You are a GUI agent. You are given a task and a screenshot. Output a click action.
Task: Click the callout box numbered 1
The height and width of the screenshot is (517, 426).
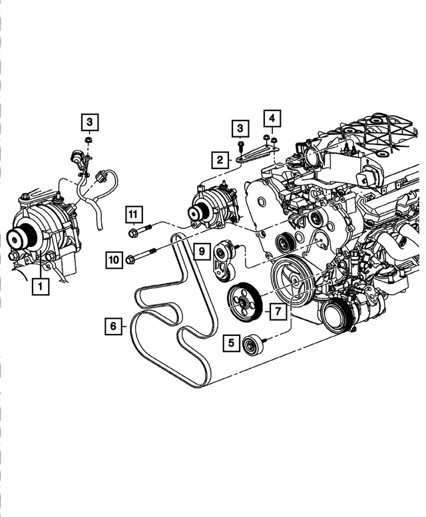41,287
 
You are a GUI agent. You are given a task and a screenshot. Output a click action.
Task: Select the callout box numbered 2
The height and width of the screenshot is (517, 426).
219,159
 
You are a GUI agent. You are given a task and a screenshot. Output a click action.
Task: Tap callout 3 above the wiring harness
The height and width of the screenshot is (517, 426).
90,122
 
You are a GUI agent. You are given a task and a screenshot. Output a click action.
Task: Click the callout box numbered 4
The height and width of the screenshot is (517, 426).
271,119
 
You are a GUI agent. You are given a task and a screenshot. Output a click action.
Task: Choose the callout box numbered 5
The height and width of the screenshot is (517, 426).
232,343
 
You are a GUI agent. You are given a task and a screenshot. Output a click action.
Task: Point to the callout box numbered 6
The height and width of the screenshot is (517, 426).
114,326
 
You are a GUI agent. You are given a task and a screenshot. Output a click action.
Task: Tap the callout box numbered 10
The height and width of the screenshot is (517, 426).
114,259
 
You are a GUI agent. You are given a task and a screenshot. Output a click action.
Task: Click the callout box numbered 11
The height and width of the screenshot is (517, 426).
133,214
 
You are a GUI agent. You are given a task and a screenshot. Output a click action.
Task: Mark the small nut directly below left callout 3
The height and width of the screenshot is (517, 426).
89,140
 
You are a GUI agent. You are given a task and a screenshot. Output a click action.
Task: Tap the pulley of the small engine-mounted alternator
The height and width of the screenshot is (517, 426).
196,214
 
